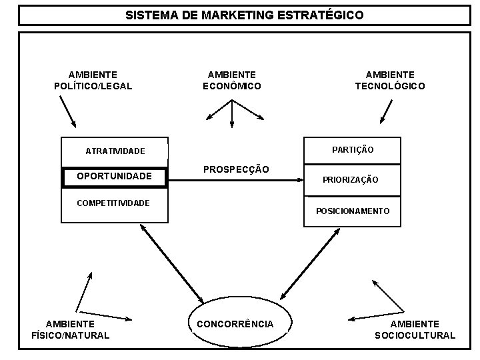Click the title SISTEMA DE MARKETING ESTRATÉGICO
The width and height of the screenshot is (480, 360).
(x=245, y=15)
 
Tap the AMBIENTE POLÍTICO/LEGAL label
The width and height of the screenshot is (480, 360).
(x=93, y=80)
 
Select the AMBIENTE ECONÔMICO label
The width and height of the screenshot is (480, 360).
(x=231, y=80)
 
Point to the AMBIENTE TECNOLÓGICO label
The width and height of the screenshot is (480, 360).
(x=389, y=80)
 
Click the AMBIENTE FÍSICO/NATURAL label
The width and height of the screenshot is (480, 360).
(x=70, y=329)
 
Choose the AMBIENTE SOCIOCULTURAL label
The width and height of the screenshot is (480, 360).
(x=415, y=329)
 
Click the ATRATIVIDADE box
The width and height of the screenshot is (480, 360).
(x=115, y=151)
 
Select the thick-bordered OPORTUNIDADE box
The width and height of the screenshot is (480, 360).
(x=114, y=177)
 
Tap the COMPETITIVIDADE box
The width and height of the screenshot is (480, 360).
(x=115, y=202)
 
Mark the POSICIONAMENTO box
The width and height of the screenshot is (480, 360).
(x=353, y=211)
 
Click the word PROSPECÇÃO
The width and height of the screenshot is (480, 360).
(x=237, y=170)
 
